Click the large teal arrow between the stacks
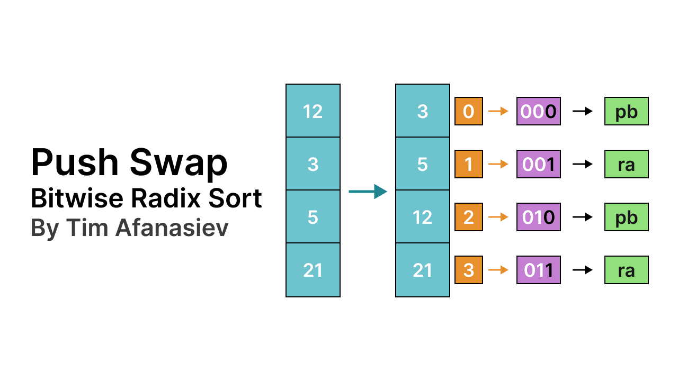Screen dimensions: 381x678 pos(368,191)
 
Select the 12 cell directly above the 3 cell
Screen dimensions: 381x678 pos(313,111)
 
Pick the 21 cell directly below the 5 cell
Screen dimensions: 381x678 pos(313,270)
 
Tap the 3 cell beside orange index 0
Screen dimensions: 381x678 pos(422,111)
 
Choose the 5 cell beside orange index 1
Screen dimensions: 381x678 pos(422,164)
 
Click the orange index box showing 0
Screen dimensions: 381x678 pos(468,111)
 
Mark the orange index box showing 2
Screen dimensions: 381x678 pos(468,217)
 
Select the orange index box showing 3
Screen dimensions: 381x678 pos(468,270)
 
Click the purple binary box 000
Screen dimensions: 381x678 pos(538,111)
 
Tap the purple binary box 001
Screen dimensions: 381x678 pos(538,164)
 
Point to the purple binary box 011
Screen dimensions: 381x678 pos(538,270)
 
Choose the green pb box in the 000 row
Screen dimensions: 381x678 pos(626,111)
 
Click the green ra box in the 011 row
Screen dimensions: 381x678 pos(626,270)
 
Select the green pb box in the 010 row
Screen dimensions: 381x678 pos(626,217)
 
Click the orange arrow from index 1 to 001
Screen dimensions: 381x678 pos(498,164)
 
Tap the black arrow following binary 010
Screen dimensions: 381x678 pos(583,217)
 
